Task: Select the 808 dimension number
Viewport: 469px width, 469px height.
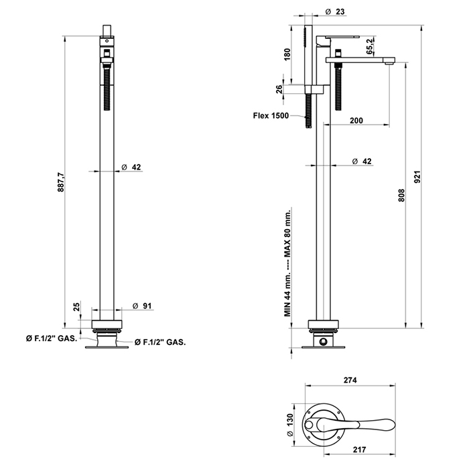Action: pyautogui.click(x=401, y=194)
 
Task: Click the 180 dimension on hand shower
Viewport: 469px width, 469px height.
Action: pyautogui.click(x=287, y=54)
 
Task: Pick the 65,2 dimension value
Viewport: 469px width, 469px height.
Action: pyautogui.click(x=371, y=47)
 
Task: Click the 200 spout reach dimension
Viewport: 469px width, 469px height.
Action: pyautogui.click(x=356, y=120)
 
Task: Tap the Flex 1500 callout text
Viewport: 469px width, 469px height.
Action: pyautogui.click(x=270, y=115)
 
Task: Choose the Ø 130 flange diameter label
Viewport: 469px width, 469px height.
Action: pyautogui.click(x=291, y=421)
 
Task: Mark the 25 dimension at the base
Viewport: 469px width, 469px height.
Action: pyautogui.click(x=76, y=307)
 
